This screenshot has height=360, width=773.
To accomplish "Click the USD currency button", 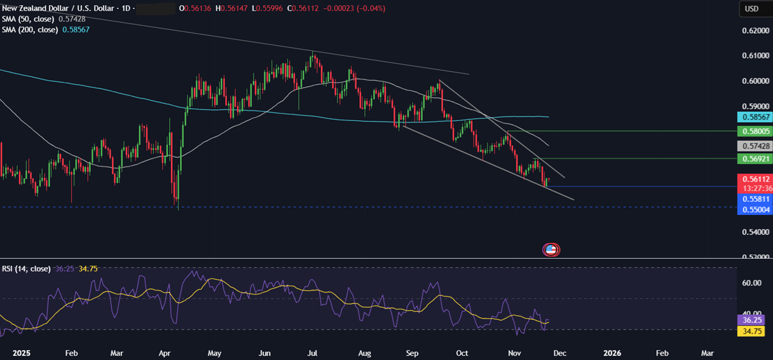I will coord(753,9).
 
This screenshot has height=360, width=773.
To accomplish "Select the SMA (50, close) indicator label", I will coord(29,19).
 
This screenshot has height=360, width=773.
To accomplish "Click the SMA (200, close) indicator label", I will coord(31,30).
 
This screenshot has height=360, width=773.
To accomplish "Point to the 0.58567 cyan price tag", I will coord(754,117).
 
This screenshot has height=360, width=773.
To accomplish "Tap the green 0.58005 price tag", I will coord(754,131).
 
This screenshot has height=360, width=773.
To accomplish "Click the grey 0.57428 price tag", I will coord(754,146).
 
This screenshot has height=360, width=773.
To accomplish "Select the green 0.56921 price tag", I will coord(754,158).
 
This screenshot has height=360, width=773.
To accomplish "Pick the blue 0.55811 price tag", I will coord(754,198).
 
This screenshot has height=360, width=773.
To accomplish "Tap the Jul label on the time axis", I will coord(312,352).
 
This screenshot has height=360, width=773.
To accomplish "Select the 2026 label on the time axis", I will coord(612,352).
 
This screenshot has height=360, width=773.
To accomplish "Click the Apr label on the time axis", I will coord(165,352).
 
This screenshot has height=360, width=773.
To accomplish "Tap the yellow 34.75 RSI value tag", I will coord(754,331).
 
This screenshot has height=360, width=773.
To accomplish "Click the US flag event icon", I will coord(551,250).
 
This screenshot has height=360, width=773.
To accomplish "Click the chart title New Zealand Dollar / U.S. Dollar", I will coord(60,8).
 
